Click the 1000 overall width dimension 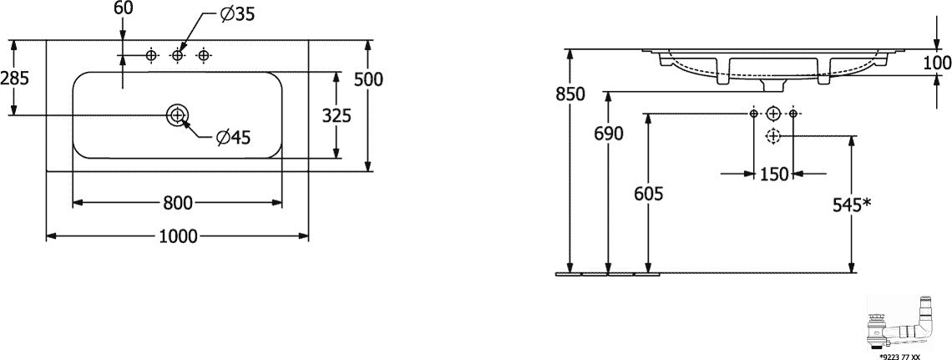click(179, 236)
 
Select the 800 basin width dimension click(178, 203)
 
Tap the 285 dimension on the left click(14, 78)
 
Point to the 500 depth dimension click(368, 79)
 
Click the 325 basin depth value click(337, 115)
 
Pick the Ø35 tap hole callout click(237, 15)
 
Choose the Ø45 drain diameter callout click(234, 138)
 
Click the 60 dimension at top click(123, 8)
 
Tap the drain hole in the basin click(177, 114)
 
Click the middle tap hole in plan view click(177, 55)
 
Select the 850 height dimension click(570, 94)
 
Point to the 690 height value click(609, 134)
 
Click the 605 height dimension click(648, 194)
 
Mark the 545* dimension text click(853, 205)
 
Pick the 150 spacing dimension click(774, 175)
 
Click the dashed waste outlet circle click(773, 136)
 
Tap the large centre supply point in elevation click(773, 114)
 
